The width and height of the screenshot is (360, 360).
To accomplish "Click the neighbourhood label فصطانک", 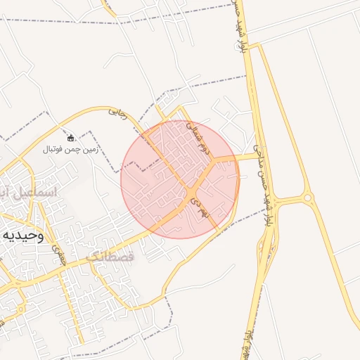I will tap(110, 258).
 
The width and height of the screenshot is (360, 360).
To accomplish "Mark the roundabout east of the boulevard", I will tap(307, 198).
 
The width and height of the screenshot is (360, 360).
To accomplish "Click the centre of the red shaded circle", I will tap(179, 179).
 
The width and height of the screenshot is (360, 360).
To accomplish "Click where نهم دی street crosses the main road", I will tap(191, 193).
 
